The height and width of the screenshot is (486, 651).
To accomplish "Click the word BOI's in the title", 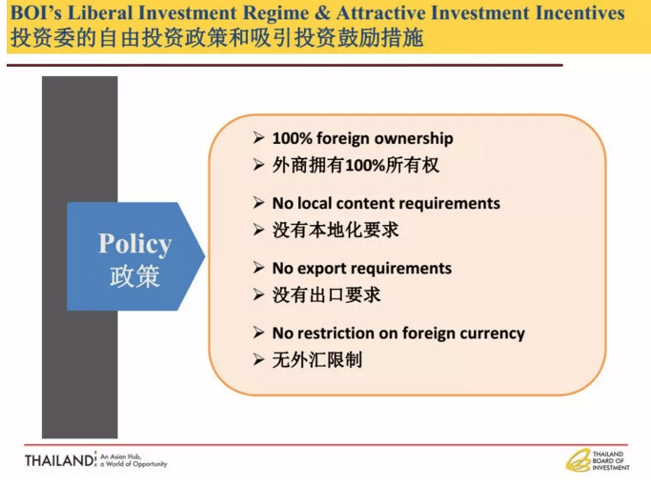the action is tap(35, 12).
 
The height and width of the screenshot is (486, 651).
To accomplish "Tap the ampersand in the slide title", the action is tap(322, 12).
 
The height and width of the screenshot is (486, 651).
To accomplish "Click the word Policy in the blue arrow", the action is tap(135, 244).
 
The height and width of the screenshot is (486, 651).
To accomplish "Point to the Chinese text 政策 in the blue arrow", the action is tap(135, 275).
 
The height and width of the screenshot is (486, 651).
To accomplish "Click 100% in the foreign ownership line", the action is tap(293, 138).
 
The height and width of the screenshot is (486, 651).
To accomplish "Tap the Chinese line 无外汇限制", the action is tap(317, 360).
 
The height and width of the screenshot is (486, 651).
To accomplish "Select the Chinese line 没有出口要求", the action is tap(326, 295).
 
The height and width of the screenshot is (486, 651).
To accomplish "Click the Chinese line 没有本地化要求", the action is tap(336, 230).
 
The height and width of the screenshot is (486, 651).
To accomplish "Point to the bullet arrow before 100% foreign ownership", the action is tap(258, 137).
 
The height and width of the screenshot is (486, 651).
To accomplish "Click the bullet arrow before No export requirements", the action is tap(258, 268).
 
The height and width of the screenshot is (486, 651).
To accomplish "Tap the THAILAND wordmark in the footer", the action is tap(59, 460).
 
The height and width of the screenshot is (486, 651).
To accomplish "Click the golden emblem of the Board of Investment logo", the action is tap(578, 460).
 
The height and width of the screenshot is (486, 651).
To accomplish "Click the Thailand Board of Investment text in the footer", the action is tap(610, 460).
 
